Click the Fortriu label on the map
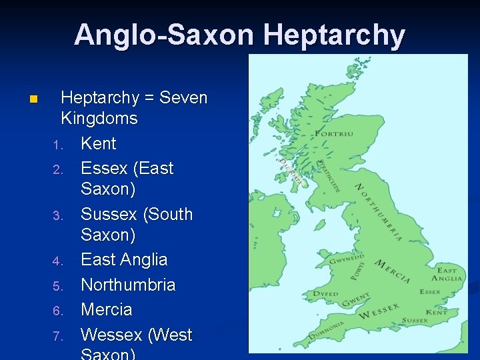click(x=334, y=134)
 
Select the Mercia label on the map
click(x=393, y=272)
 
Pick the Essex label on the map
click(x=430, y=291)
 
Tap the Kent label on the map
click(x=437, y=312)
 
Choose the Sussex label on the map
click(x=415, y=321)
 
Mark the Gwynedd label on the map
click(x=347, y=259)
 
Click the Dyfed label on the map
click(x=327, y=293)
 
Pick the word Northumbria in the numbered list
click(x=128, y=285)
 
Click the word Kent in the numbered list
click(x=98, y=143)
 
